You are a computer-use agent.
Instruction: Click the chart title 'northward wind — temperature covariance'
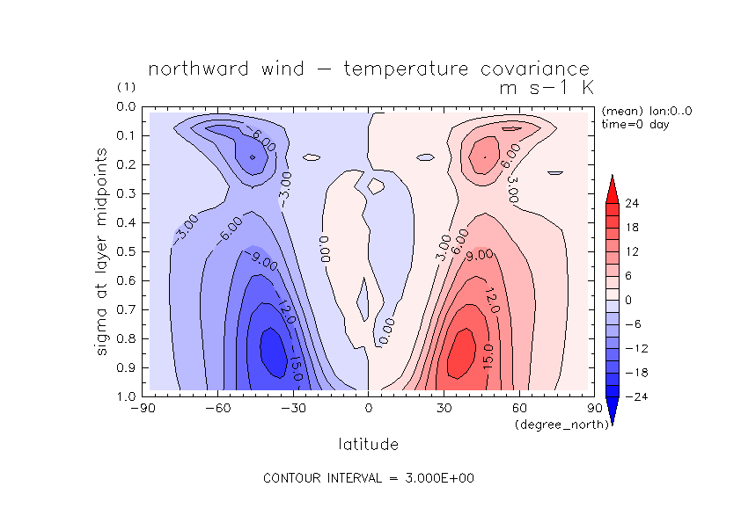(x=368, y=69)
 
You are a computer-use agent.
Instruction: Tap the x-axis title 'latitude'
(x=368, y=445)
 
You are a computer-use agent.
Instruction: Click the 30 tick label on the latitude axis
(x=444, y=408)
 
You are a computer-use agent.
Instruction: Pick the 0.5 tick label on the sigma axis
(x=126, y=251)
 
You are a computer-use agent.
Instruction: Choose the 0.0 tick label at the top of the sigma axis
(x=126, y=107)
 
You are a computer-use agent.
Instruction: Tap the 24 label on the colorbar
(x=631, y=204)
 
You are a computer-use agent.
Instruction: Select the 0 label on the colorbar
(x=627, y=300)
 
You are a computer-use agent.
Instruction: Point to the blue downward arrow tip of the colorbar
(x=613, y=418)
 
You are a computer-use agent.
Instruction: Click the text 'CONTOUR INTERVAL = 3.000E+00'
(x=370, y=479)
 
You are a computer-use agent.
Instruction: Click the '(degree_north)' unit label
(x=554, y=425)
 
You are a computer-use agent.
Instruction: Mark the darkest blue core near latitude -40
(x=273, y=347)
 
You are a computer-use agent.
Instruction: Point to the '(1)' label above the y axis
(x=126, y=88)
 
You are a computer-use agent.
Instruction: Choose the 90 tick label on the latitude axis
(x=594, y=408)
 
